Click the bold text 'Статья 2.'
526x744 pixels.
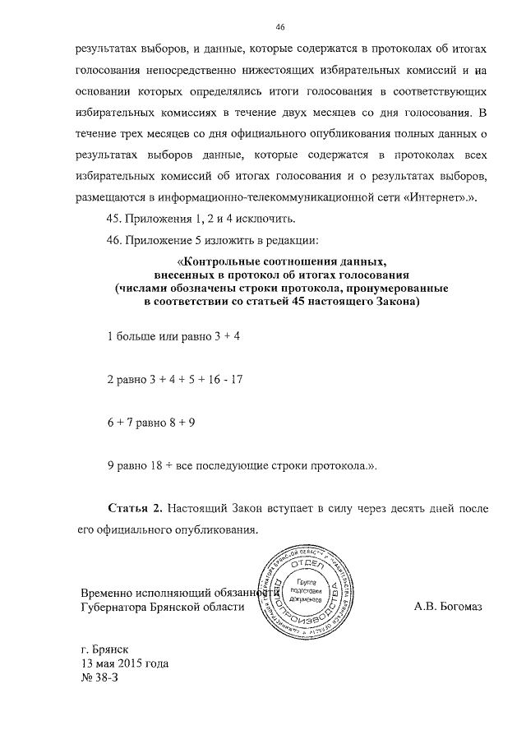click(x=136, y=509)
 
